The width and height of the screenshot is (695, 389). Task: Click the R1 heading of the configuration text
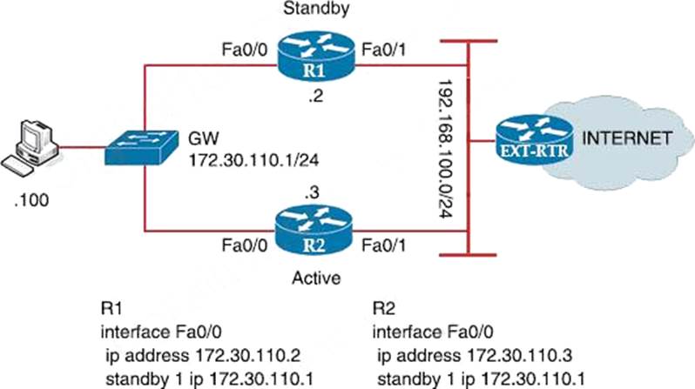click(111, 308)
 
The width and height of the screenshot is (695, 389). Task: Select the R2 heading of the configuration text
click(384, 308)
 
